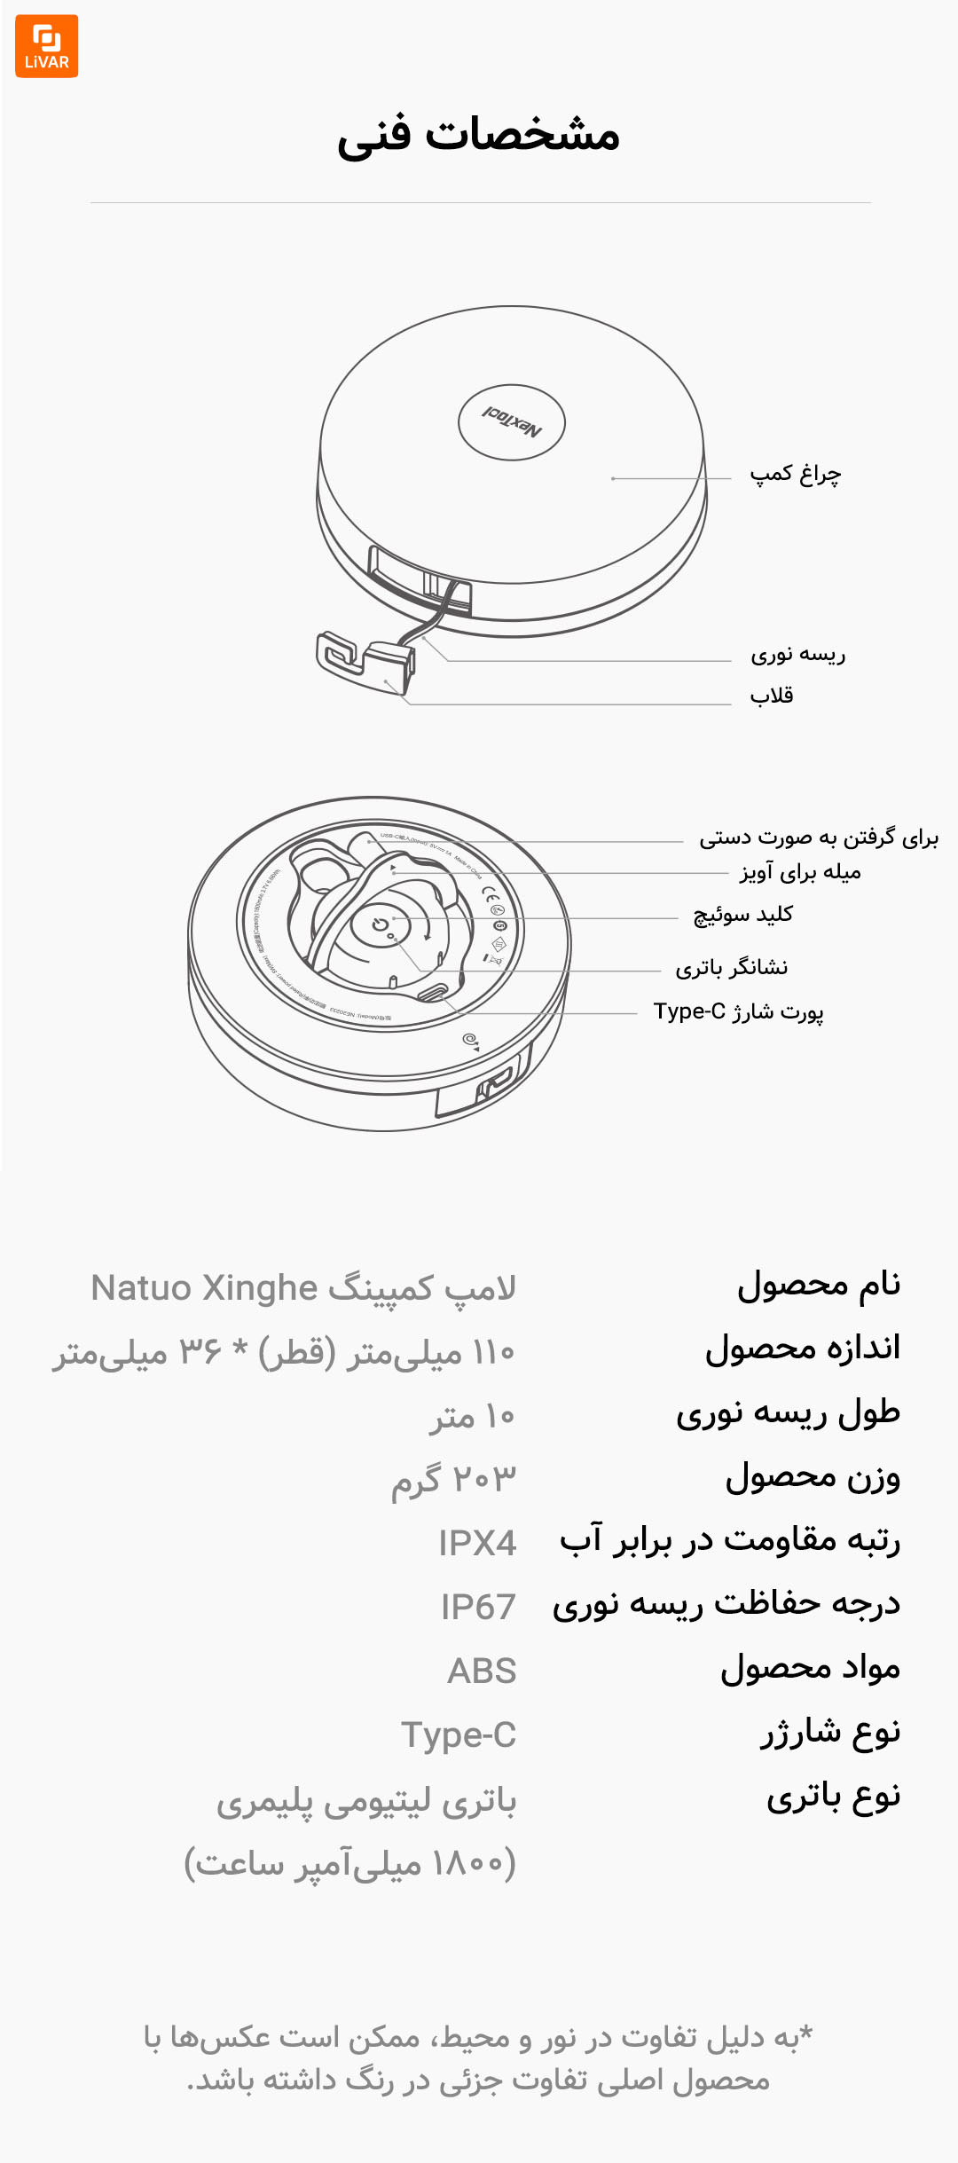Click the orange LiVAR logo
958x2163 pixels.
coord(46,46)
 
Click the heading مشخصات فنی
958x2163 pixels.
coord(478,135)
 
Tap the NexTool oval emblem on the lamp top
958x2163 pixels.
coord(512,422)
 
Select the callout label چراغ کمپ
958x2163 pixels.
coord(795,475)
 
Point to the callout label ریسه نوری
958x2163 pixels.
coord(797,656)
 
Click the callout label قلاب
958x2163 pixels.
coord(772,696)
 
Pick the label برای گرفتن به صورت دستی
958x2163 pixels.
coord(818,838)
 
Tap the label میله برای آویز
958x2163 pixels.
coord(800,873)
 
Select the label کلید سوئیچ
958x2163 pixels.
coord(742,915)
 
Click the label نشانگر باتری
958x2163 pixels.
coord(731,967)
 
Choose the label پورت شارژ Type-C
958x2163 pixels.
coord(738,1011)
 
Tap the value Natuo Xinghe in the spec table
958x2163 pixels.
coord(204,1288)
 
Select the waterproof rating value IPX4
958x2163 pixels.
coord(477,1544)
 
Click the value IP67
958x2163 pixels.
coord(478,1608)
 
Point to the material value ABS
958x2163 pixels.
coord(482,1671)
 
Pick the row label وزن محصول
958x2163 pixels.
coord(813,1478)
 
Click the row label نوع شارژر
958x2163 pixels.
coord(829,1734)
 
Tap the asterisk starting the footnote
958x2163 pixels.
coord(805,2033)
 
